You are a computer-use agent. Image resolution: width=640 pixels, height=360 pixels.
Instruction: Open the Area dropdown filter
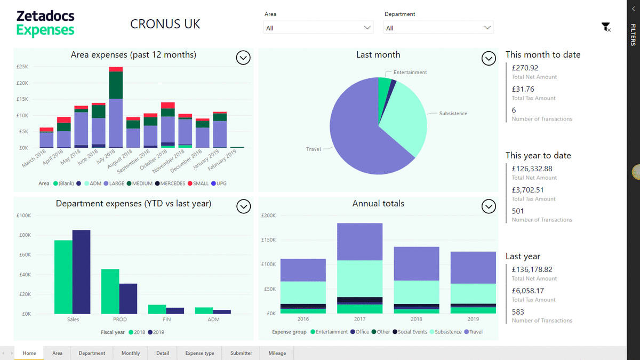point(318,28)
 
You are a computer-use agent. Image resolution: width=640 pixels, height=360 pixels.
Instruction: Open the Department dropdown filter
point(438,28)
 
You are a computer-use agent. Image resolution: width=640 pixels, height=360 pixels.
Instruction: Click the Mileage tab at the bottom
point(277,353)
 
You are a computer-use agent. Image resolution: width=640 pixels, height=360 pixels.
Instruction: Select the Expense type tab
point(199,353)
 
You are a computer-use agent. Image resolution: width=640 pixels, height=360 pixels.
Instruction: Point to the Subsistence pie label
point(453,114)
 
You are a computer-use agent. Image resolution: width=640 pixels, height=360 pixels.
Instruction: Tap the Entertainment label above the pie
point(410,73)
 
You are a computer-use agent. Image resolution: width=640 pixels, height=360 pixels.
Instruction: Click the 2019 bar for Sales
point(82,271)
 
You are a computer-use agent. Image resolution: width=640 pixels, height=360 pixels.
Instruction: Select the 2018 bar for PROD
point(110,291)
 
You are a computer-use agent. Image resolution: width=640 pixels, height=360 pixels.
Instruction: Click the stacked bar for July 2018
point(116,107)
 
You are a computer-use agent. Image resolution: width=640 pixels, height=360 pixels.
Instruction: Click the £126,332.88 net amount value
point(532,169)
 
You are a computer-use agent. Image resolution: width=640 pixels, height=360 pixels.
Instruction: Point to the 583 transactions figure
point(518,312)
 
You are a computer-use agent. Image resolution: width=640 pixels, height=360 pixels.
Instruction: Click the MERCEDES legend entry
point(172,183)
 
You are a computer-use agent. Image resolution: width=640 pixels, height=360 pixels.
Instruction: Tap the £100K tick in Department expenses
point(24,215)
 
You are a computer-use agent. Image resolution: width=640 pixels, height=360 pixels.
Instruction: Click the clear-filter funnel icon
point(605,27)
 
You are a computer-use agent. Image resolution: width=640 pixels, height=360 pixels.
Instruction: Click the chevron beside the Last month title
point(489,58)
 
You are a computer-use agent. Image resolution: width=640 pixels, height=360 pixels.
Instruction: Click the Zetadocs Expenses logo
point(45,23)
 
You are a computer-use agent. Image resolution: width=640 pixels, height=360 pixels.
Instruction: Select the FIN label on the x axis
point(167,319)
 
